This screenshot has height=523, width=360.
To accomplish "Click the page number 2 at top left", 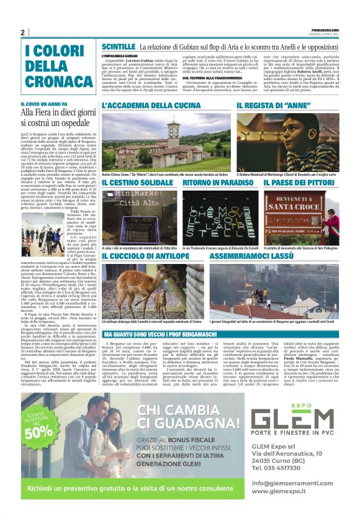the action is point(23,32).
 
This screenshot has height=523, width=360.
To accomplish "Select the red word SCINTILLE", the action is point(119,47).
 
